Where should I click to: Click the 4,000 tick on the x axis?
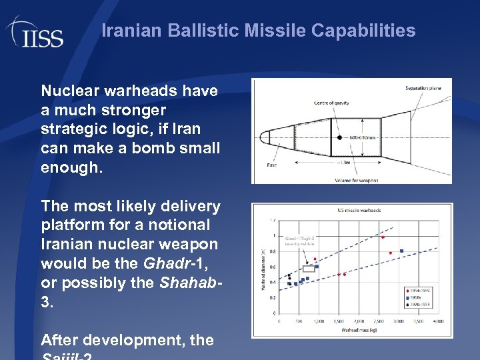[x=438, y=321]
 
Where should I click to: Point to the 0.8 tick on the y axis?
[x=271, y=251]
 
